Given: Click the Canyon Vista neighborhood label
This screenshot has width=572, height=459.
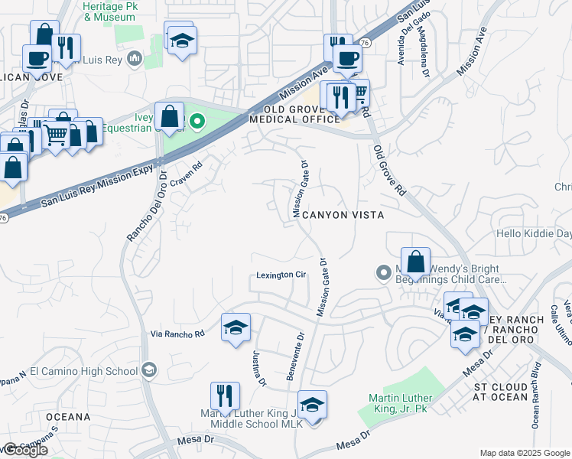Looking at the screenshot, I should tap(343, 216).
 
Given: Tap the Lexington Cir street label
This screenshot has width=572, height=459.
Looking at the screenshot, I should tap(281, 275).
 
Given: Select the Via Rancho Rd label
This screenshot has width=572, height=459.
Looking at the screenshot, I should tap(178, 334).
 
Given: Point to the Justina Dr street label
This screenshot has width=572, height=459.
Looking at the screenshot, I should tap(258, 368).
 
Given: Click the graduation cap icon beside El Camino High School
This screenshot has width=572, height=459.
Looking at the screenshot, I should tap(149, 371).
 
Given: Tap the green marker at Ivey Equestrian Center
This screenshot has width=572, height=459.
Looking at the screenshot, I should tap(197, 121).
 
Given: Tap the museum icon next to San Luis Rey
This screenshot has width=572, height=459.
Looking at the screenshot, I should tap(135, 58).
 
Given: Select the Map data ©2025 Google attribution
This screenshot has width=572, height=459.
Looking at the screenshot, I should tap(524, 453).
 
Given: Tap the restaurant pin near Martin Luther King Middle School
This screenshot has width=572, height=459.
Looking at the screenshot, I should tap(225, 396).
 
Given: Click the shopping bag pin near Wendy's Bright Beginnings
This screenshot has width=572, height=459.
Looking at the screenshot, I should tap(415, 262).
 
